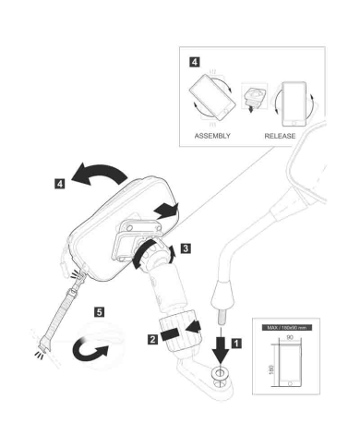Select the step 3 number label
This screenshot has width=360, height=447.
(x=186, y=248)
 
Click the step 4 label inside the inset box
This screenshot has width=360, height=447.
(x=194, y=62)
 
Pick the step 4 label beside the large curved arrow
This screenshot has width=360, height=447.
(x=60, y=185)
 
